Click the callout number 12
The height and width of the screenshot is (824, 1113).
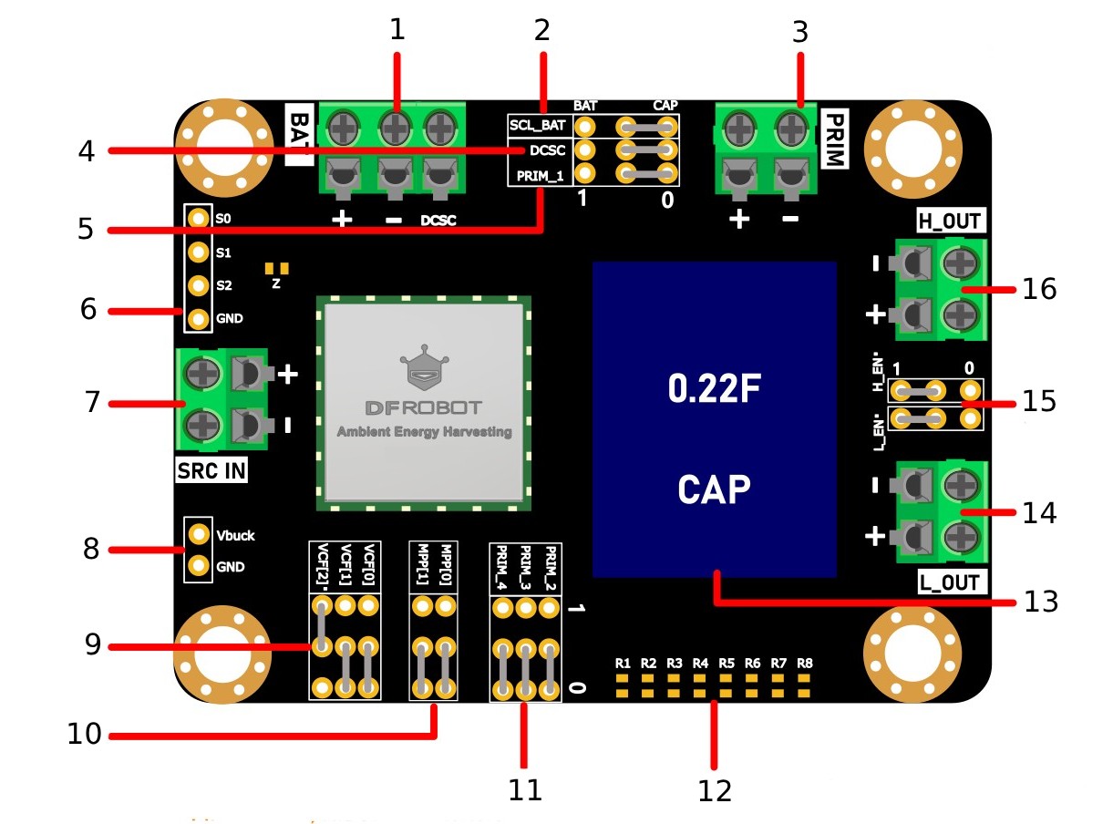coord(714,791)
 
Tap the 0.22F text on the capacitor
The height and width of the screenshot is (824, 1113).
coord(714,388)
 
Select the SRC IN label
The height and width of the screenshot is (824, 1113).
coord(211,470)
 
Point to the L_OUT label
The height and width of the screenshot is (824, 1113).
coord(949,582)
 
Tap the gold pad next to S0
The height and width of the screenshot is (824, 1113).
coord(198,218)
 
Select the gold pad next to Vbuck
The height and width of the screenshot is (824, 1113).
coord(199,534)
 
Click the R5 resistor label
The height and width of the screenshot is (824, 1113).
coord(727,664)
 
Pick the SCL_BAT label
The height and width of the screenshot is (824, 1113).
coord(538,125)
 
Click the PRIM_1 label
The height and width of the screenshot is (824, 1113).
coord(540,176)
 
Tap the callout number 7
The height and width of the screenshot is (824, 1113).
coord(92,402)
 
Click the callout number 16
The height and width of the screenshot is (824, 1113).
coord(1039,289)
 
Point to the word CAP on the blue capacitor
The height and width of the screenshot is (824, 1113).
coord(714,489)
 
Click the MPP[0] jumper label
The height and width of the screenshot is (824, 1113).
coord(446,564)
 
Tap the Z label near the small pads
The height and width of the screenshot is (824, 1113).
coord(276,284)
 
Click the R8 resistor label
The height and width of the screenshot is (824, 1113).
coord(804,664)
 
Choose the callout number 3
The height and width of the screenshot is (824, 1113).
coord(799,32)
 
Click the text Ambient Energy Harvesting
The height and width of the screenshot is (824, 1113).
coord(424,431)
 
